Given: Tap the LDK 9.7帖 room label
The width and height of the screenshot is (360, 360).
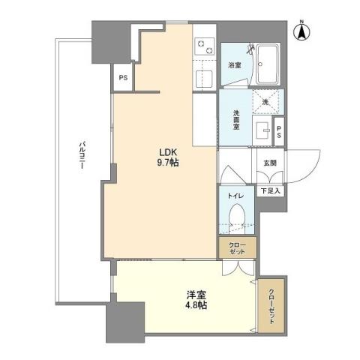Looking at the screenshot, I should pos(166,156).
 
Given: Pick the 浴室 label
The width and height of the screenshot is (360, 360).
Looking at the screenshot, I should pos(234,66).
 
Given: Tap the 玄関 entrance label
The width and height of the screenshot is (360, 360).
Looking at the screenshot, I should pos(269,162).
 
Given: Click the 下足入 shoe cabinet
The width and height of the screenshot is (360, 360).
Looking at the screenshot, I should pos(270,190).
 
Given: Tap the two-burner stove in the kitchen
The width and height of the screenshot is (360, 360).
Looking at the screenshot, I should pos(202,47).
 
